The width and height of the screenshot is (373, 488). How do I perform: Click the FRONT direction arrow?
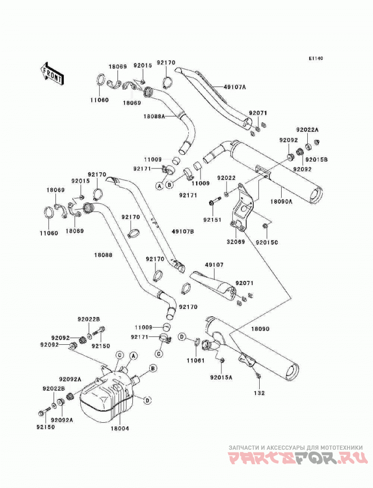pyautogui.click(x=52, y=74)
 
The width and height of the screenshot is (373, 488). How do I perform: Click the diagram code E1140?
pyautogui.click(x=316, y=58)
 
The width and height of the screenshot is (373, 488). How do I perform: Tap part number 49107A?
pyautogui.click(x=235, y=87)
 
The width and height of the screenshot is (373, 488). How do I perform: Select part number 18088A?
pyautogui.click(x=154, y=116)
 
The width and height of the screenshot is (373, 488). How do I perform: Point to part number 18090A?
pyautogui.click(x=281, y=201)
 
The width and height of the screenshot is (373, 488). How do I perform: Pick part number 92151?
pyautogui.click(x=213, y=220)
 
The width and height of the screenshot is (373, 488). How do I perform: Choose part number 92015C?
pyautogui.click(x=267, y=242)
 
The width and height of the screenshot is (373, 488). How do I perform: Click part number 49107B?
pyautogui.click(x=183, y=231)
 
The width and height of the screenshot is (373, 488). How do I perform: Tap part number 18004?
pyautogui.click(x=119, y=429)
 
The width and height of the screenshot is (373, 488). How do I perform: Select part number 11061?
pyautogui.click(x=196, y=361)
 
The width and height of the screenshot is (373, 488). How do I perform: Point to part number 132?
pyautogui.click(x=259, y=393)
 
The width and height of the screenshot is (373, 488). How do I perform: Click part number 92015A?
pyautogui.click(x=221, y=377)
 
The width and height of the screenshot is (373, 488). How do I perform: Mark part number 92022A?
pyautogui.click(x=307, y=130)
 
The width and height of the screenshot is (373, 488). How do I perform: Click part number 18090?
pyautogui.click(x=260, y=329)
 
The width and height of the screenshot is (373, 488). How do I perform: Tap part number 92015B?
pyautogui.click(x=317, y=160)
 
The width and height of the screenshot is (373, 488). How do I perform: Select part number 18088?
pyautogui.click(x=104, y=255)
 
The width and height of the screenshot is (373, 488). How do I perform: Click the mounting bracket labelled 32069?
pyautogui.click(x=242, y=208)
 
